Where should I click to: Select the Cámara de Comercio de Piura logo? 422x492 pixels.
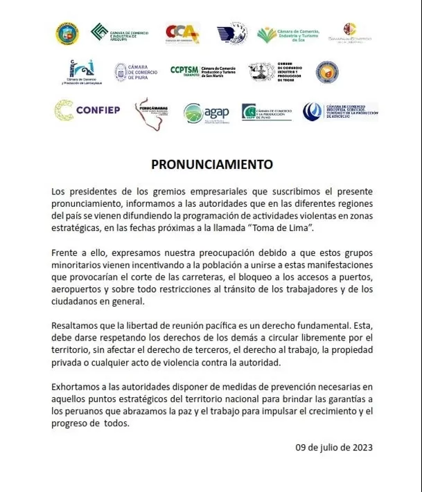(136, 72)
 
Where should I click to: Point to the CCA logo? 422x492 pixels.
(182, 33)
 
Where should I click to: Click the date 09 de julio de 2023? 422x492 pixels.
(334, 447)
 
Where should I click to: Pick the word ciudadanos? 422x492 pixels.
(78, 302)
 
